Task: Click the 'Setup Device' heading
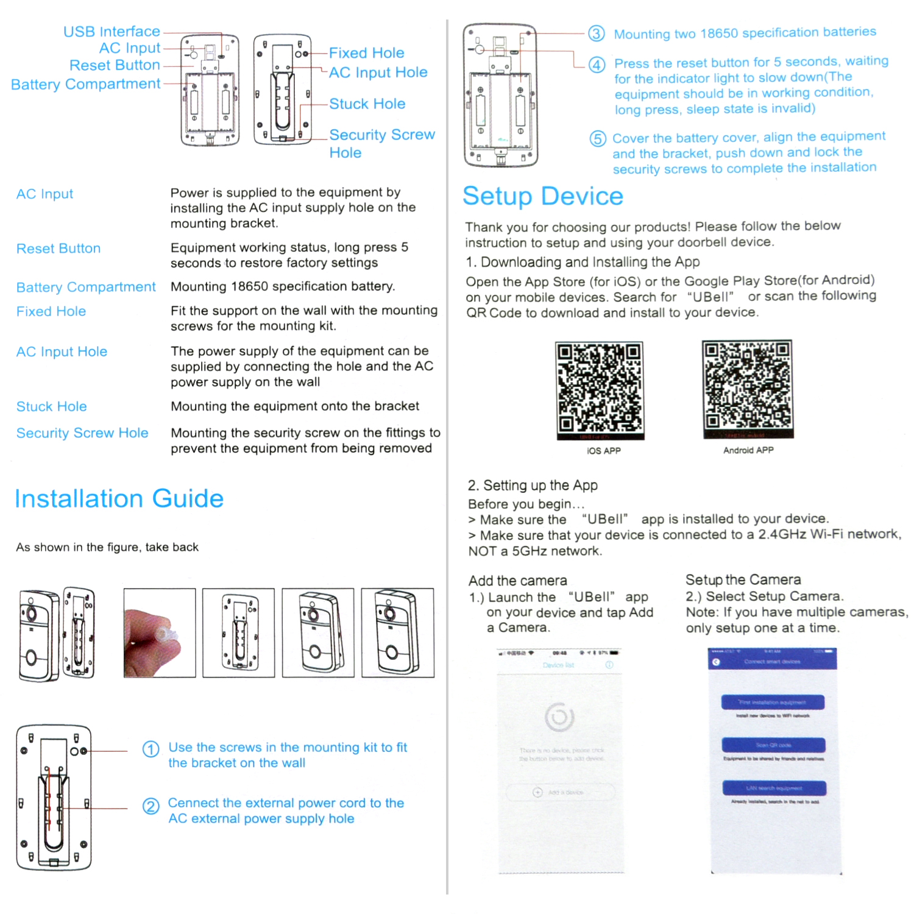543,196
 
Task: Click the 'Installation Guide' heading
119,498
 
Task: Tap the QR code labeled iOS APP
600,390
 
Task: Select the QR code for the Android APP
748,389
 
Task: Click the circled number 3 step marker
597,34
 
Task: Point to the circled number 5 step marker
598,139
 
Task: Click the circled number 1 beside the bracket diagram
151,749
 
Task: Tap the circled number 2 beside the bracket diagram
151,806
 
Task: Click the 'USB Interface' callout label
112,31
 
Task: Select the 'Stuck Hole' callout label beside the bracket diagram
367,104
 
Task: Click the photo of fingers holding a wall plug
159,633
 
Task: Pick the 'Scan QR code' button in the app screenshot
773,745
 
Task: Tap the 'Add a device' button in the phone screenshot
561,792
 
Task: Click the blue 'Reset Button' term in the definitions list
58,249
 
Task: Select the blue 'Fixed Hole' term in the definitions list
51,311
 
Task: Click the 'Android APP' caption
748,450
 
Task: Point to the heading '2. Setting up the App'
533,485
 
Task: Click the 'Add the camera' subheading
518,580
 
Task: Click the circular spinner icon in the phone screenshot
559,717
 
